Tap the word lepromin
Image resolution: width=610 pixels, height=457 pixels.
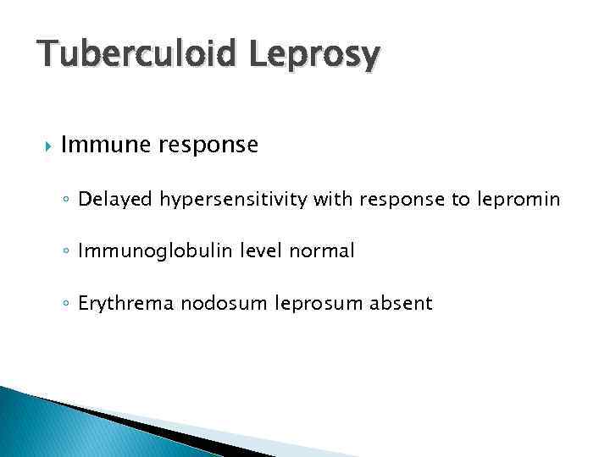516,200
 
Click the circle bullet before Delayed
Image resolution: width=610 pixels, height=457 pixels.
67,201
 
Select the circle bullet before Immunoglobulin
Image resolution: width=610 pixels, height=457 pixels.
67,252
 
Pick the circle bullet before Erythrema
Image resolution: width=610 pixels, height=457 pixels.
67,304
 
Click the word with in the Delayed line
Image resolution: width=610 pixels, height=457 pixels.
332,200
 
